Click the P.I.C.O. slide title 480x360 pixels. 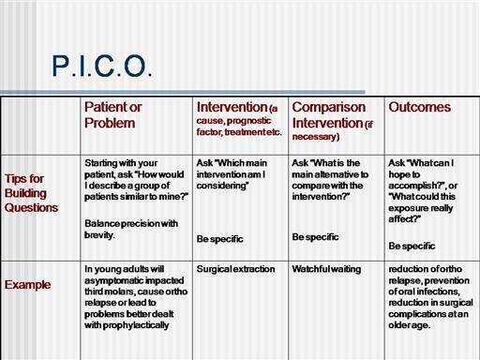pos(102,66)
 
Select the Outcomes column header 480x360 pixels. pos(420,107)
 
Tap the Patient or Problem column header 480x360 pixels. pos(113,115)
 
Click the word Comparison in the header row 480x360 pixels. pos(329,107)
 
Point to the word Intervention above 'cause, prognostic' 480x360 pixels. pos(232,107)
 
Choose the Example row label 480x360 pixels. pos(27,285)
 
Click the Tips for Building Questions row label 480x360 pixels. pos(31,193)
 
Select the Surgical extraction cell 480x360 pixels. pos(235,269)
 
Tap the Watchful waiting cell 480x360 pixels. pos(326,269)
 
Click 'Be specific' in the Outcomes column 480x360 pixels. pos(412,246)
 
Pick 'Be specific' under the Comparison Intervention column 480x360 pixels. pos(315,237)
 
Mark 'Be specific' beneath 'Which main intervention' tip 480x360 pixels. pos(219,239)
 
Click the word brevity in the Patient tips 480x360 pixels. pos(99,235)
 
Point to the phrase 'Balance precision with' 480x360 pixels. pos(131,224)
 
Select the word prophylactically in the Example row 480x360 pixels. pos(136,325)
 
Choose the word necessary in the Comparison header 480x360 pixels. pos(314,137)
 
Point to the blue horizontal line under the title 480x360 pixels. pos(183,92)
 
